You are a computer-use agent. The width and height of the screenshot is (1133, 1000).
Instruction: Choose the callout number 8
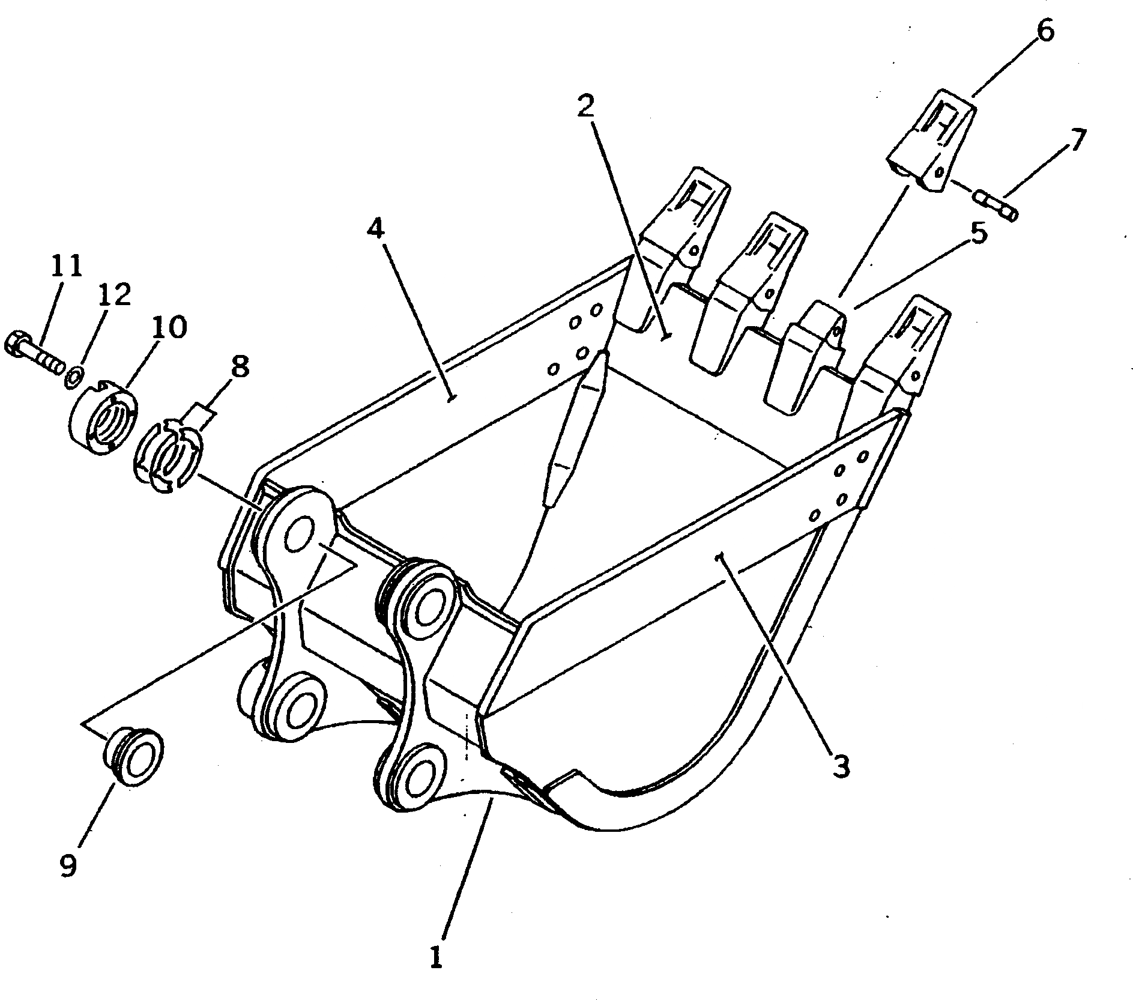(x=240, y=365)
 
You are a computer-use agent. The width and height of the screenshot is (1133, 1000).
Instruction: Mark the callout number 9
(x=68, y=865)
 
